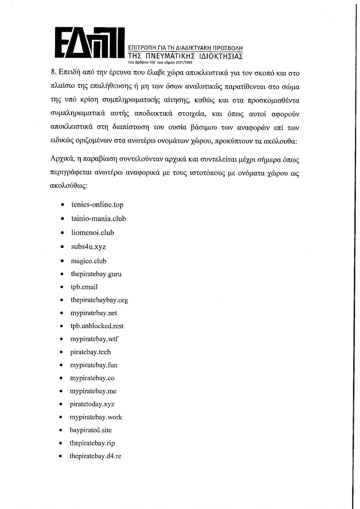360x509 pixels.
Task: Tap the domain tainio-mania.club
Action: pos(98,218)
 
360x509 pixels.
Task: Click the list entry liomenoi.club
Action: pos(92,233)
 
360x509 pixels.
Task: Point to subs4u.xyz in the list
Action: pos(88,247)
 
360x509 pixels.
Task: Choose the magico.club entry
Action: pos(88,261)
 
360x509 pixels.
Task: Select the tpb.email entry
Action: pos(84,287)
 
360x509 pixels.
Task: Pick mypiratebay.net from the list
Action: pos(94,313)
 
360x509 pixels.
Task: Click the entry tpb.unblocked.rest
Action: pos(97,326)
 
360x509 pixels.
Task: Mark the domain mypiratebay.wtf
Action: pos(94,339)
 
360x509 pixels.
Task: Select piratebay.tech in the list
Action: pos(90,352)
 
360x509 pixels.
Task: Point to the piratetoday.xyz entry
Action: pos(92,404)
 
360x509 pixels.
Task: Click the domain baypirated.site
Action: pos(91,430)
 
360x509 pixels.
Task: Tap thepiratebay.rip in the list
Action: pos(92,443)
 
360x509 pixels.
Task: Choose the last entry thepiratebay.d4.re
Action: pos(96,456)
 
